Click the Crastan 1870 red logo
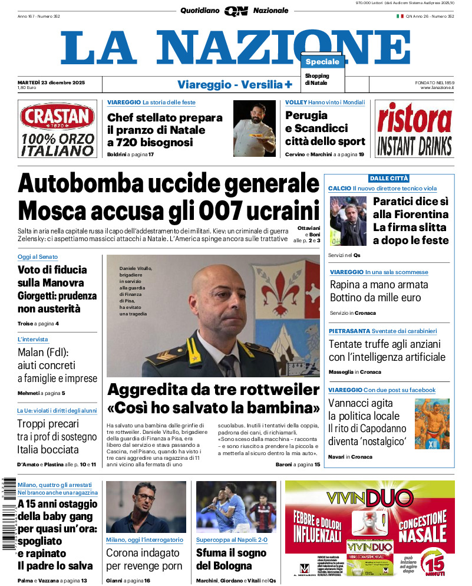(57, 117)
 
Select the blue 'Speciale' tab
(322, 62)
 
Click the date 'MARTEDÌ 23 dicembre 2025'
(51, 83)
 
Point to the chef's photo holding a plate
(255, 128)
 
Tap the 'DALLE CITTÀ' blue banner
(389, 178)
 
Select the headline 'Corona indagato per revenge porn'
(144, 559)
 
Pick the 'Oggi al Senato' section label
(37, 257)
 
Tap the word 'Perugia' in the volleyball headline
(306, 116)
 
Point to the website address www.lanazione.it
(437, 88)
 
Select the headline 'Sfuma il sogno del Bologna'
(231, 559)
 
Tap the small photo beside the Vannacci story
(431, 422)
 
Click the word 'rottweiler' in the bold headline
(276, 390)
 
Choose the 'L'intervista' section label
(33, 340)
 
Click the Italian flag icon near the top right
(400, 17)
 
